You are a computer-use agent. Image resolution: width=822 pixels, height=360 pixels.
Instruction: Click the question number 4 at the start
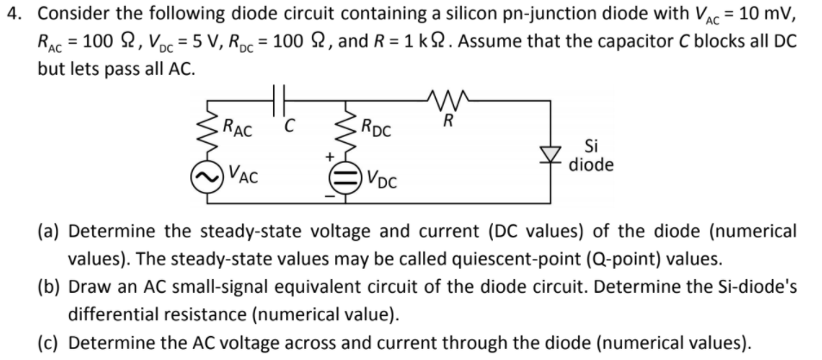pos(9,14)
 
